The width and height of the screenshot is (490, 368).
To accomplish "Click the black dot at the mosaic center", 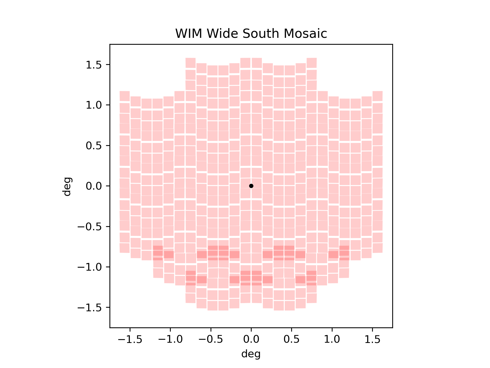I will coord(251,186).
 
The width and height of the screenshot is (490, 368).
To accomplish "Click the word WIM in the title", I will coord(189,34).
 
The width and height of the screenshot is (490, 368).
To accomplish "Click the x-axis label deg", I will coord(251,354).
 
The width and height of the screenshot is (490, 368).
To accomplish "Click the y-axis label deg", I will coord(67,186).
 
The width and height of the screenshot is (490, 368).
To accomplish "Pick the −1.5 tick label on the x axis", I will coord(130,339).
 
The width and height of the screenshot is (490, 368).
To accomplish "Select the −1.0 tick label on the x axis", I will coord(170,339).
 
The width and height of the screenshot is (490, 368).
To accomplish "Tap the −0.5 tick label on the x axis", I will coord(211,339).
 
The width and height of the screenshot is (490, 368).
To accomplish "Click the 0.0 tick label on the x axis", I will coord(251,339).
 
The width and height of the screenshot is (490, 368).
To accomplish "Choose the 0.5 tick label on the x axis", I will coord(291,339).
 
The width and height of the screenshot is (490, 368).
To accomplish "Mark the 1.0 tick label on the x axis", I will coord(332,339).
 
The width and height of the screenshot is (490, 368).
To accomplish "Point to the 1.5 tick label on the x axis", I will coord(372,339).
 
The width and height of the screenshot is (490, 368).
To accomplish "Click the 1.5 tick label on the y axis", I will coord(94,65).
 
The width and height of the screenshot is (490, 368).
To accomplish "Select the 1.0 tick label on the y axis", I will coord(94,105).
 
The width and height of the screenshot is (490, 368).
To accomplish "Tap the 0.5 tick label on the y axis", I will coord(94,146).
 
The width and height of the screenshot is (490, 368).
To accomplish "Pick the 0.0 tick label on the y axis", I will coord(94,186).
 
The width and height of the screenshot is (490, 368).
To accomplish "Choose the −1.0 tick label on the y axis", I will coord(90,267).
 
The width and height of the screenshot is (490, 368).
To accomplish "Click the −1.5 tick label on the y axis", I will coord(90,307).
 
